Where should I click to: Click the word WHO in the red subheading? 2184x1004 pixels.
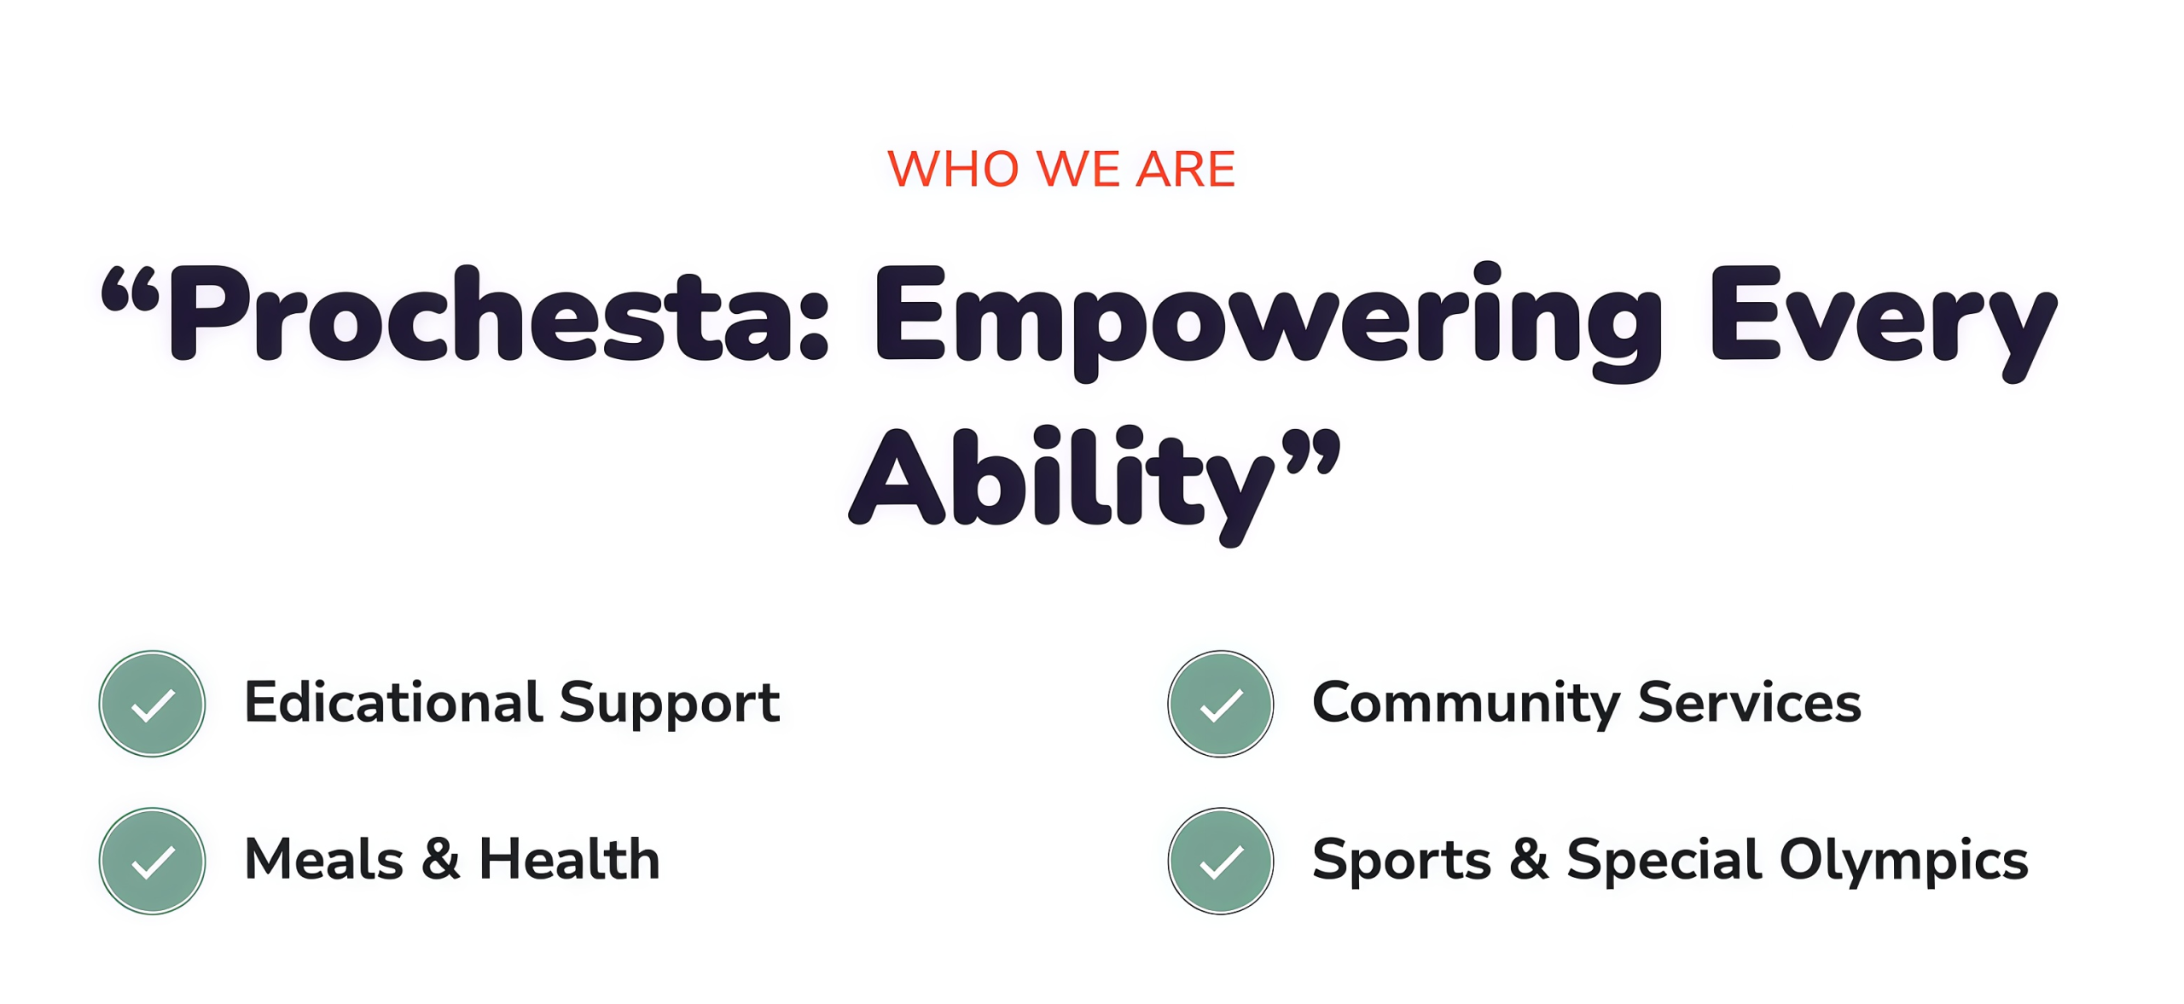coord(953,169)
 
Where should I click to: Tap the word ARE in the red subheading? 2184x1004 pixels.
coord(1185,169)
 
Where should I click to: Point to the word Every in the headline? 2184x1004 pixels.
coord(1884,324)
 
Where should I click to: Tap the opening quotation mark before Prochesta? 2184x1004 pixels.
coord(131,289)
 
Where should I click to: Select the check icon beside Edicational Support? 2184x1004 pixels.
coord(152,704)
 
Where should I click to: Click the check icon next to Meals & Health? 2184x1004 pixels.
coord(152,862)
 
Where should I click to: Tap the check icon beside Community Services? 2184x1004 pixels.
coord(1221,704)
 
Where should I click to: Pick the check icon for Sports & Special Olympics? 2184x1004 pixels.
coord(1221,862)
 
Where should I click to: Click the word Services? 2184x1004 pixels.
coord(1749,702)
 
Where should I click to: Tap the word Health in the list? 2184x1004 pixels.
coord(570,859)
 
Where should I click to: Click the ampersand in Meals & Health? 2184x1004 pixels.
coord(440,859)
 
